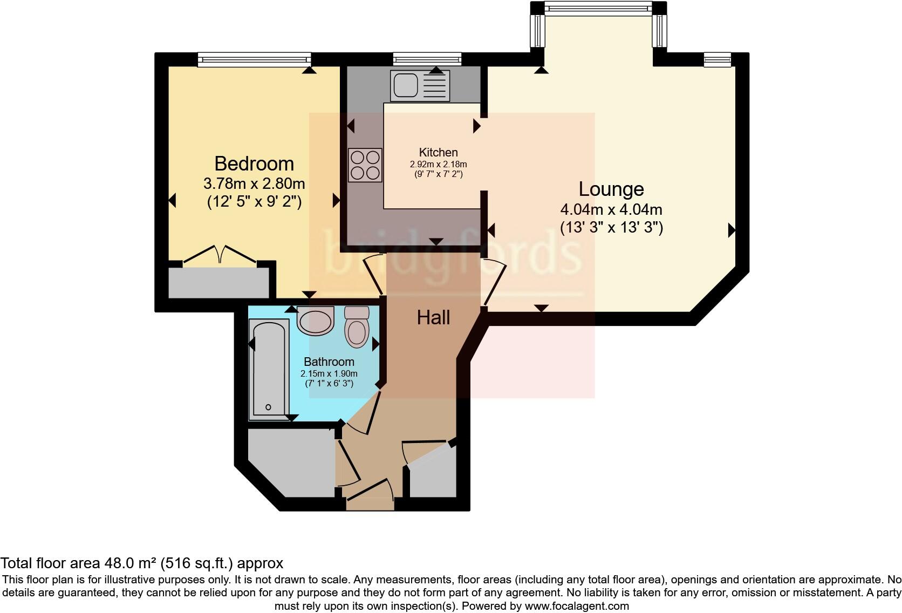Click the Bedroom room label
254,164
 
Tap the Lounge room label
611,189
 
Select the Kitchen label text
438,153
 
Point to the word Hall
433,318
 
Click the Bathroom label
329,362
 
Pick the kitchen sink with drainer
420,86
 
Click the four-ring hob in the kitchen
365,165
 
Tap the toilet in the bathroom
357,326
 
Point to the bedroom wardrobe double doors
220,255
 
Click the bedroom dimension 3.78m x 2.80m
254,183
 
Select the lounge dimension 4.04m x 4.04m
611,209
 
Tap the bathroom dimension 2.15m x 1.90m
329,373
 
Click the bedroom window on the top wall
254,59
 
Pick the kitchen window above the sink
427,59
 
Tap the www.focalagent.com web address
577,606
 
